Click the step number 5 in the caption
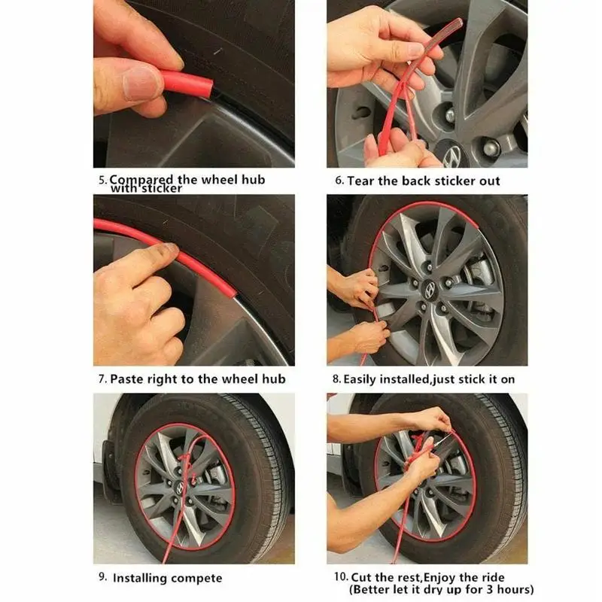[x=102, y=180]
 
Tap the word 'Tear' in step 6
[x=361, y=181]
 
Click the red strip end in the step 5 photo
[x=208, y=87]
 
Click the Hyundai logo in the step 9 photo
[x=179, y=487]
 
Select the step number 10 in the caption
[x=341, y=576]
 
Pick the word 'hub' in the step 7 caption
[x=274, y=379]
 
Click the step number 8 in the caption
[x=336, y=379]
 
